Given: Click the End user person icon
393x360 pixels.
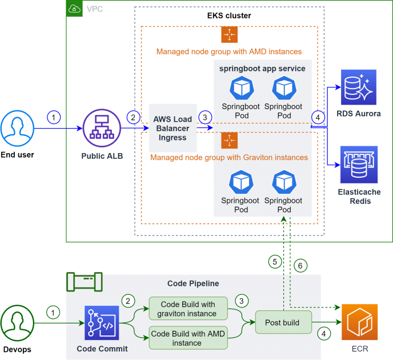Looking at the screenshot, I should (x=18, y=129).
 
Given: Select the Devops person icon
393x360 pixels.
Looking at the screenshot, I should (x=18, y=323).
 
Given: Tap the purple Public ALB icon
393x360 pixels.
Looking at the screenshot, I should (x=101, y=129).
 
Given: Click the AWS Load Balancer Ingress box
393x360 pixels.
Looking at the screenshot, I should (x=173, y=128).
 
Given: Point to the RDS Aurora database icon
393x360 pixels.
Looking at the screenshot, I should (x=359, y=87).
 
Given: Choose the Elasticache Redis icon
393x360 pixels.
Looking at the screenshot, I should (x=359, y=165).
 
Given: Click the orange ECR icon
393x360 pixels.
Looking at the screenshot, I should (x=359, y=322).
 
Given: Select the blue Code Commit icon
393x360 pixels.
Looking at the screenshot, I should (x=101, y=324).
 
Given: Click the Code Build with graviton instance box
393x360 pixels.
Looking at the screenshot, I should (x=187, y=309).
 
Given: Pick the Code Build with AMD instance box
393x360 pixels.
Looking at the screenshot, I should (x=187, y=338).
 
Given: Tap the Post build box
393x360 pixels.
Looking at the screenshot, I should (x=282, y=322).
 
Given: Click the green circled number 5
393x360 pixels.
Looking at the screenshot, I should (x=275, y=262).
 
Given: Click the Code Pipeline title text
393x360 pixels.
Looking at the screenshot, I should (x=193, y=283).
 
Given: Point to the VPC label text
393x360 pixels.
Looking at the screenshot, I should (x=94, y=9).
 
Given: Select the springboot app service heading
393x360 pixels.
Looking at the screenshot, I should (x=263, y=69).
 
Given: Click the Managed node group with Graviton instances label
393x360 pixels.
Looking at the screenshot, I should (x=228, y=157).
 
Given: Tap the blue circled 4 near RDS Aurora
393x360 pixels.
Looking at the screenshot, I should (x=318, y=117).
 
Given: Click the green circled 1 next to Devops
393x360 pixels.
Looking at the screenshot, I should (x=53, y=313).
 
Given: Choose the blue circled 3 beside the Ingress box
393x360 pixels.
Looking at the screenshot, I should (x=205, y=117).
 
